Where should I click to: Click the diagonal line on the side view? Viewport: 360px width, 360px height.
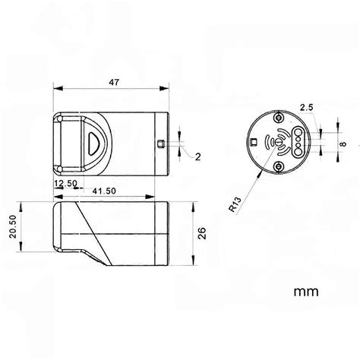[x=90, y=235]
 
